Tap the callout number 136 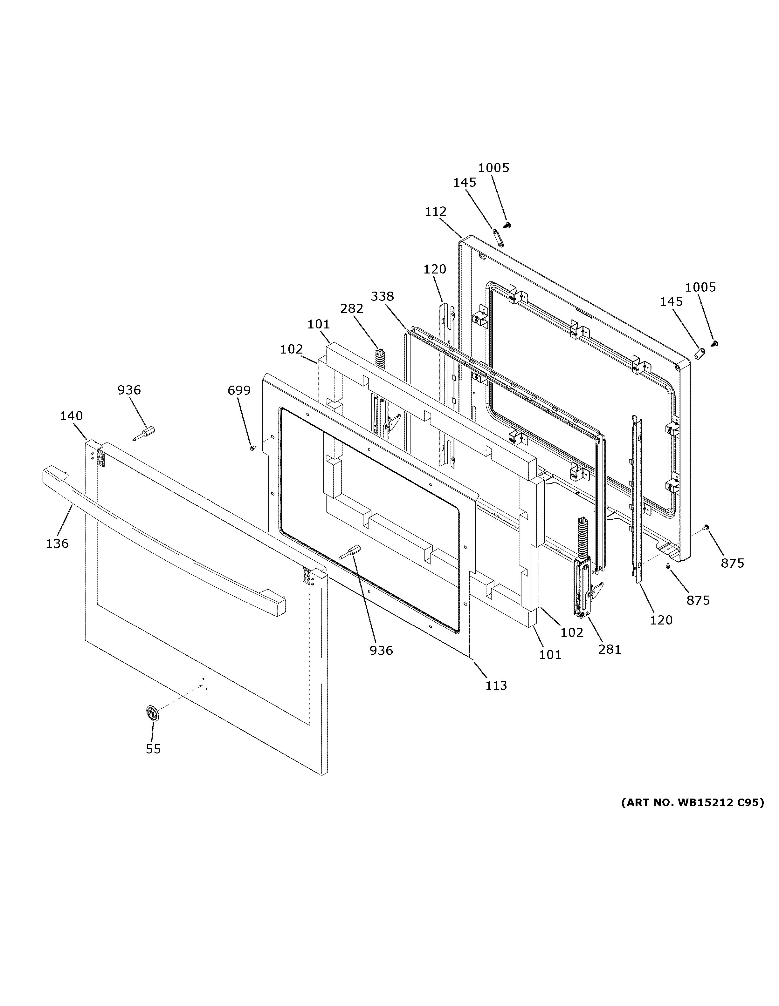point(57,544)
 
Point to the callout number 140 point(72,416)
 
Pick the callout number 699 point(239,391)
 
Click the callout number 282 point(352,309)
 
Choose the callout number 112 point(435,212)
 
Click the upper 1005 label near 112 point(494,168)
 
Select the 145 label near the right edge point(671,302)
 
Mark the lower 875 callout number point(698,600)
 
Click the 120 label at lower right point(661,620)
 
